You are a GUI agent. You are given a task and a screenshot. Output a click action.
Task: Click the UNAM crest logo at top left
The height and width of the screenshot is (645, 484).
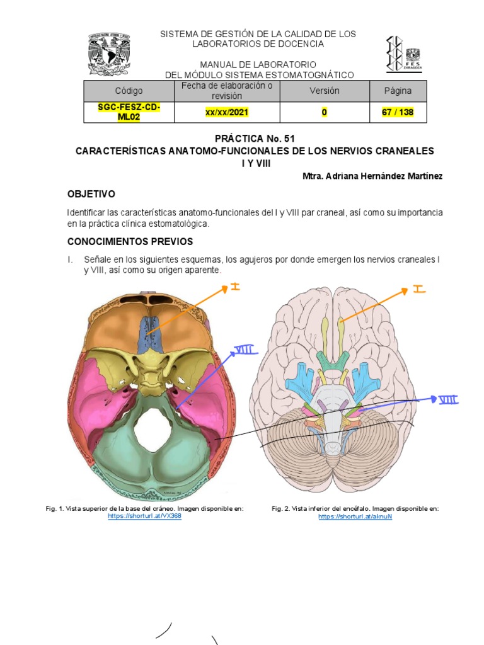coord(109,55)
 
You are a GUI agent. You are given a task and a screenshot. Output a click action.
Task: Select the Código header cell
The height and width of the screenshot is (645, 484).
coord(129,91)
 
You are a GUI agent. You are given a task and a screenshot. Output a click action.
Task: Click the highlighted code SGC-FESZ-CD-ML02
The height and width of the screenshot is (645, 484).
coord(129,112)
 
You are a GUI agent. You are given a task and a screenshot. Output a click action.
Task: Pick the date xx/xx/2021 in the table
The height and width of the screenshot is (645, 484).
coord(226,113)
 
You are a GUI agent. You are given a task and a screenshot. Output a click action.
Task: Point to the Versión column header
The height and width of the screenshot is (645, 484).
coord(324,91)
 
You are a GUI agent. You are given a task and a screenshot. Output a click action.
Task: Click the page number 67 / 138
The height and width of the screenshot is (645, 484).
coord(398,113)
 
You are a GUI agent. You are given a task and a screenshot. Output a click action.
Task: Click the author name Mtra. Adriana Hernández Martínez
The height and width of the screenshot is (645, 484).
coord(372,176)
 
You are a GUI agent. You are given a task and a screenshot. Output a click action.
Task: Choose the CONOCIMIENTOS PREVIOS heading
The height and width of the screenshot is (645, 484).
coord(130,241)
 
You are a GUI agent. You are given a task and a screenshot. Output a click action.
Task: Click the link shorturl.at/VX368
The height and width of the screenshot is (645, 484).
coord(144,516)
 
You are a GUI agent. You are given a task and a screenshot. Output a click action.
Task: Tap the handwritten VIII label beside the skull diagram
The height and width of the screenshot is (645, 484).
coord(246,350)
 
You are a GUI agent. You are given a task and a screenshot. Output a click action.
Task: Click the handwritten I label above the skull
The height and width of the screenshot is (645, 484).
coord(235,287)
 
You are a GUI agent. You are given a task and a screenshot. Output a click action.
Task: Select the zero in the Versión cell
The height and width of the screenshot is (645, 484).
coord(324,113)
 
